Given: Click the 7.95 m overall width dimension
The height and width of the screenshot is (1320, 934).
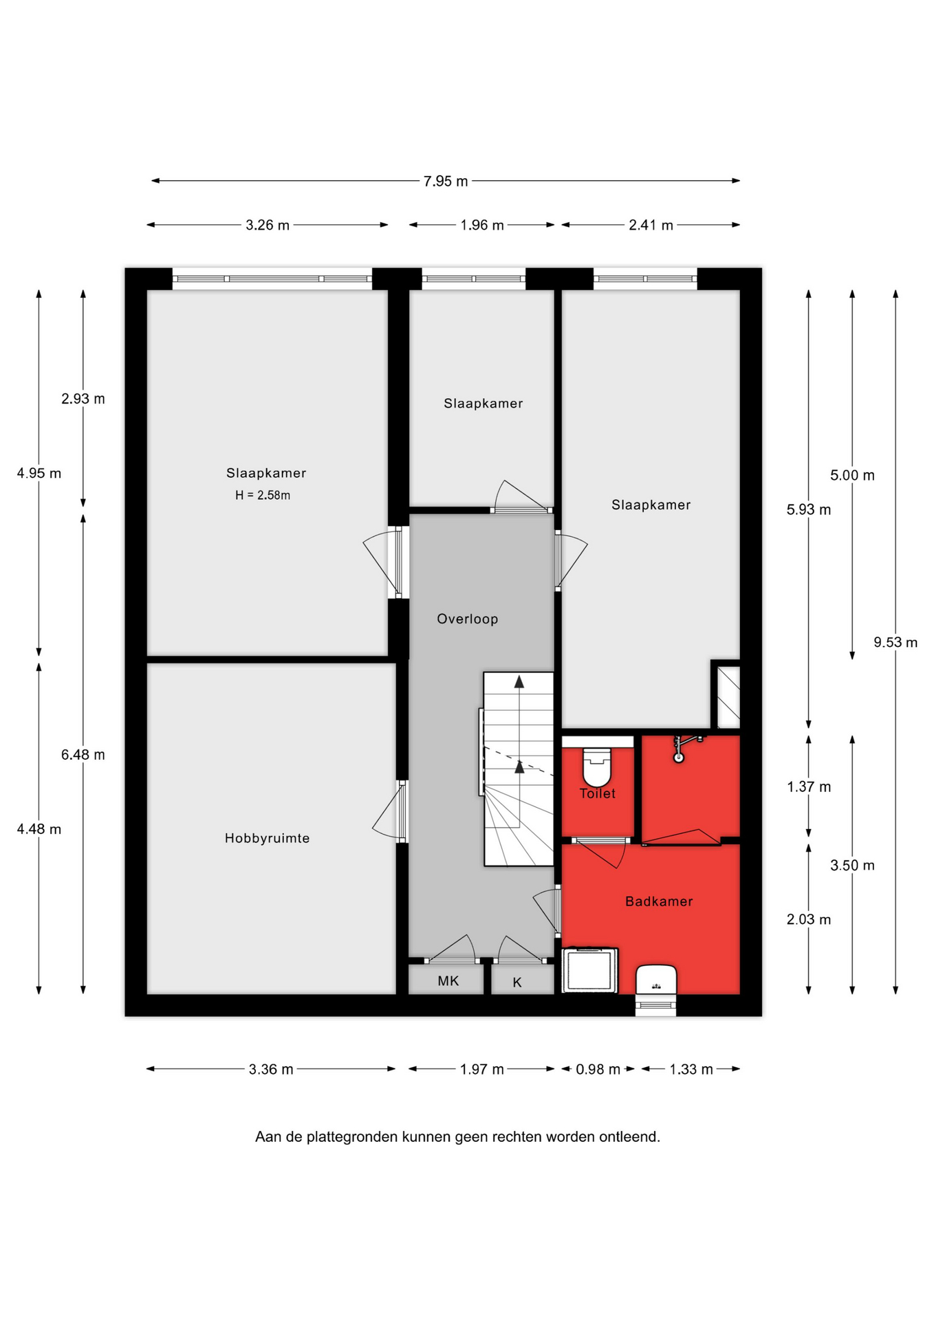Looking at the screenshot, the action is pyautogui.click(x=446, y=181).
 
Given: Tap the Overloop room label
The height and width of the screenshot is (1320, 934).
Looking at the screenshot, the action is pyautogui.click(x=468, y=619).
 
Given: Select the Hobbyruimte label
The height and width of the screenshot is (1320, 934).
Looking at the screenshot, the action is pyautogui.click(x=267, y=838).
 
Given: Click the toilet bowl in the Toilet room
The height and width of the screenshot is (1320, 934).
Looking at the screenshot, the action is pyautogui.click(x=597, y=767).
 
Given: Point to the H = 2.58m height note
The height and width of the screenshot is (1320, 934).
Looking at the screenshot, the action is pyautogui.click(x=263, y=495).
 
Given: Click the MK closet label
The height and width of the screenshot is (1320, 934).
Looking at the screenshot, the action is pyautogui.click(x=448, y=981).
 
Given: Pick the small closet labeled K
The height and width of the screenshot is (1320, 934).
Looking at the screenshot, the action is pyautogui.click(x=522, y=980).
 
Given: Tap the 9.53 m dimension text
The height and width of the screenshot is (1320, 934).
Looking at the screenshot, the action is pyautogui.click(x=895, y=643).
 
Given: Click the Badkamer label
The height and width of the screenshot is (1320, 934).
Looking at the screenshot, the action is pyautogui.click(x=659, y=901).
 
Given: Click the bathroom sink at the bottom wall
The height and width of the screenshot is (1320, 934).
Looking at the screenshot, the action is pyautogui.click(x=656, y=979).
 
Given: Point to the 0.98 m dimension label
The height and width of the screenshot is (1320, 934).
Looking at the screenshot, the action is pyautogui.click(x=598, y=1069).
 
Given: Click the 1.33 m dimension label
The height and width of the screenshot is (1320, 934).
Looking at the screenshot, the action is pyautogui.click(x=691, y=1069).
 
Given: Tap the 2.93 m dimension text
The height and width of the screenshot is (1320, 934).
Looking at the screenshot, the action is pyautogui.click(x=83, y=399).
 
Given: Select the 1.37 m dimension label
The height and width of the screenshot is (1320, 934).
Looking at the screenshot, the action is pyautogui.click(x=809, y=787).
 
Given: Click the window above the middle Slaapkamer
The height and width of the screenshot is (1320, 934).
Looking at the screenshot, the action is pyautogui.click(x=473, y=279).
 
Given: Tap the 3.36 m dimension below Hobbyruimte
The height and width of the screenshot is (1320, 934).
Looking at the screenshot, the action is pyautogui.click(x=271, y=1069).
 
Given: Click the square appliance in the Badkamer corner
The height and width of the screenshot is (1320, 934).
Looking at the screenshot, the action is pyautogui.click(x=590, y=971).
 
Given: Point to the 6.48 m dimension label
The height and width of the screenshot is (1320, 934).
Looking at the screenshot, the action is pyautogui.click(x=83, y=755).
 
